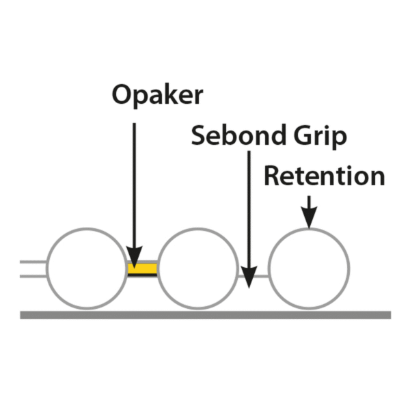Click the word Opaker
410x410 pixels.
coord(157,96)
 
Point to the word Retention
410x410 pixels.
coord(324,176)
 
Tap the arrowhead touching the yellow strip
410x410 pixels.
coord(134,254)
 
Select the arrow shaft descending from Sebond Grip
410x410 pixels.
coord(249,205)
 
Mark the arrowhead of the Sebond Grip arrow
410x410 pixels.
coord(249,277)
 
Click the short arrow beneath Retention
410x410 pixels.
coord(309,212)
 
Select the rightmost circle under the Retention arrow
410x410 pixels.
coord(309,267)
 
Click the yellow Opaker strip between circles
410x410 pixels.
coord(142,269)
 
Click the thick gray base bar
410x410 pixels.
coord(205,315)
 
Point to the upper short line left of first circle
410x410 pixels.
coord(33,262)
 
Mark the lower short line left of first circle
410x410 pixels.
coord(33,275)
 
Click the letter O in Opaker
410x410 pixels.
coord(122,96)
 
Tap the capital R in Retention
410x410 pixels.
coord(273,176)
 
